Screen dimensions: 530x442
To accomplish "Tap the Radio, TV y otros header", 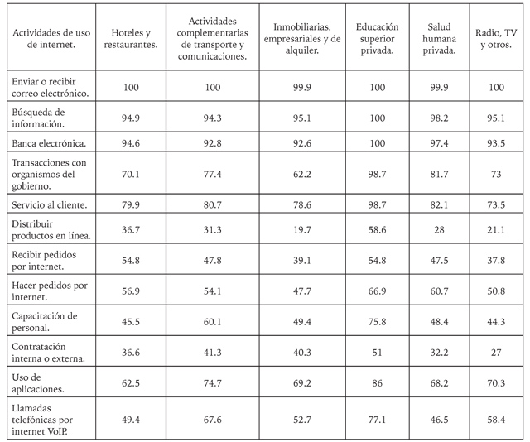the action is point(498,38).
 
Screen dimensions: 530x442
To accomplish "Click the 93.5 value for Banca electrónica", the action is point(498,144).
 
